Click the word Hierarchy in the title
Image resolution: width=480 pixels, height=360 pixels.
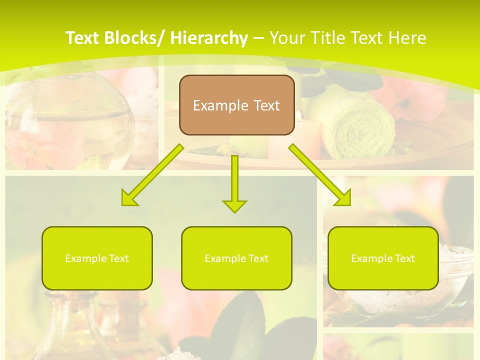click(208, 38)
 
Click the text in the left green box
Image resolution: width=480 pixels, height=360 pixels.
click(97, 258)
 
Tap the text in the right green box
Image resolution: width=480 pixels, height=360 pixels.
click(383, 258)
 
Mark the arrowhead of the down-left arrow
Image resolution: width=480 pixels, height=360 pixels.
click(129, 198)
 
